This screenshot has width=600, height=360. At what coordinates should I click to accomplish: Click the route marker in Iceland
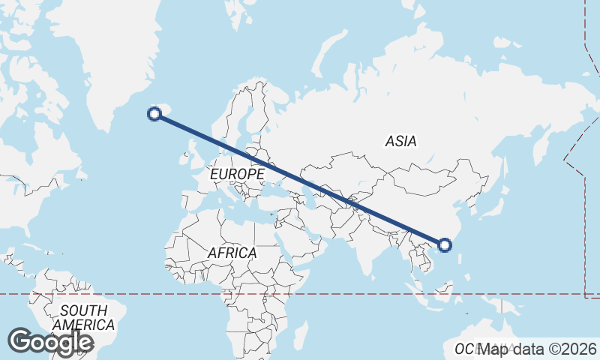tap(154, 114)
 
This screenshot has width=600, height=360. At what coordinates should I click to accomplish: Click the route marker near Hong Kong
tap(445, 244)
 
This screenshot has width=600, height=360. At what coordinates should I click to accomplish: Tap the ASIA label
tap(400, 141)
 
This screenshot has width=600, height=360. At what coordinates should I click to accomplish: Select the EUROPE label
tap(237, 174)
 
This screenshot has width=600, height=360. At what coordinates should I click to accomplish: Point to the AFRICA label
tap(232, 253)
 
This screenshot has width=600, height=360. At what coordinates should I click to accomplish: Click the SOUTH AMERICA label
tap(88, 318)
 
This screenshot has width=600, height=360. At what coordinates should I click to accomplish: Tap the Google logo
tap(50, 342)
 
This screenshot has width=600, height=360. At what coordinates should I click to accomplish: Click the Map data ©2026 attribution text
tap(538, 349)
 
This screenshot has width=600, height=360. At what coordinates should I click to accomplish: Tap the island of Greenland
tap(112, 52)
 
